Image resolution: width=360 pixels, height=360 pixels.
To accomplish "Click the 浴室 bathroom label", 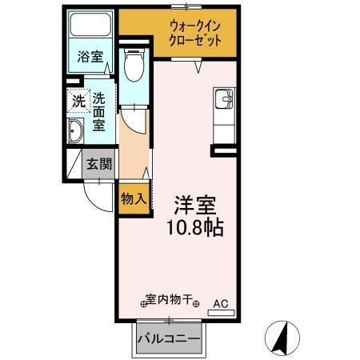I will click(x=90, y=57).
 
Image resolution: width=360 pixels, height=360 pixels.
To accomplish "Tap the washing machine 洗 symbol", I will click(x=78, y=102).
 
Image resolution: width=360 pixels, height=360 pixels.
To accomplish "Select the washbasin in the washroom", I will click(x=76, y=133).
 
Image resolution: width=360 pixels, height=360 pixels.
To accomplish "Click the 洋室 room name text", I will click(x=194, y=204).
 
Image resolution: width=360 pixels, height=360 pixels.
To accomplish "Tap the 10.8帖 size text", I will click(x=194, y=226).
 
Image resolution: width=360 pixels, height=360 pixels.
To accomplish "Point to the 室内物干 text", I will click(x=171, y=301).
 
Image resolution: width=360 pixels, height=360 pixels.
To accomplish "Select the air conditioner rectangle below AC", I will click(x=221, y=314).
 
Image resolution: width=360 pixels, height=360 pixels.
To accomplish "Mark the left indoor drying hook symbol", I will click(x=145, y=303).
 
